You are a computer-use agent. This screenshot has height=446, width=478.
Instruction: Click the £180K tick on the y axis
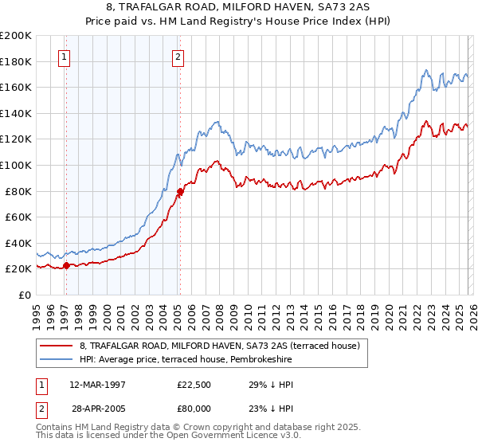16,61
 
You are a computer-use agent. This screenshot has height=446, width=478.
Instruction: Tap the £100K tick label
16,165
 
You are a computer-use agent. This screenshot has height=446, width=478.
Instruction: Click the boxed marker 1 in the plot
64,57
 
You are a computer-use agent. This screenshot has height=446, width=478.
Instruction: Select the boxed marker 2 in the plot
178,57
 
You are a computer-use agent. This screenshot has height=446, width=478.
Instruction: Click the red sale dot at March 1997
66,265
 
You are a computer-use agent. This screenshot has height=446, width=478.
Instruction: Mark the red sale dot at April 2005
180,191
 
